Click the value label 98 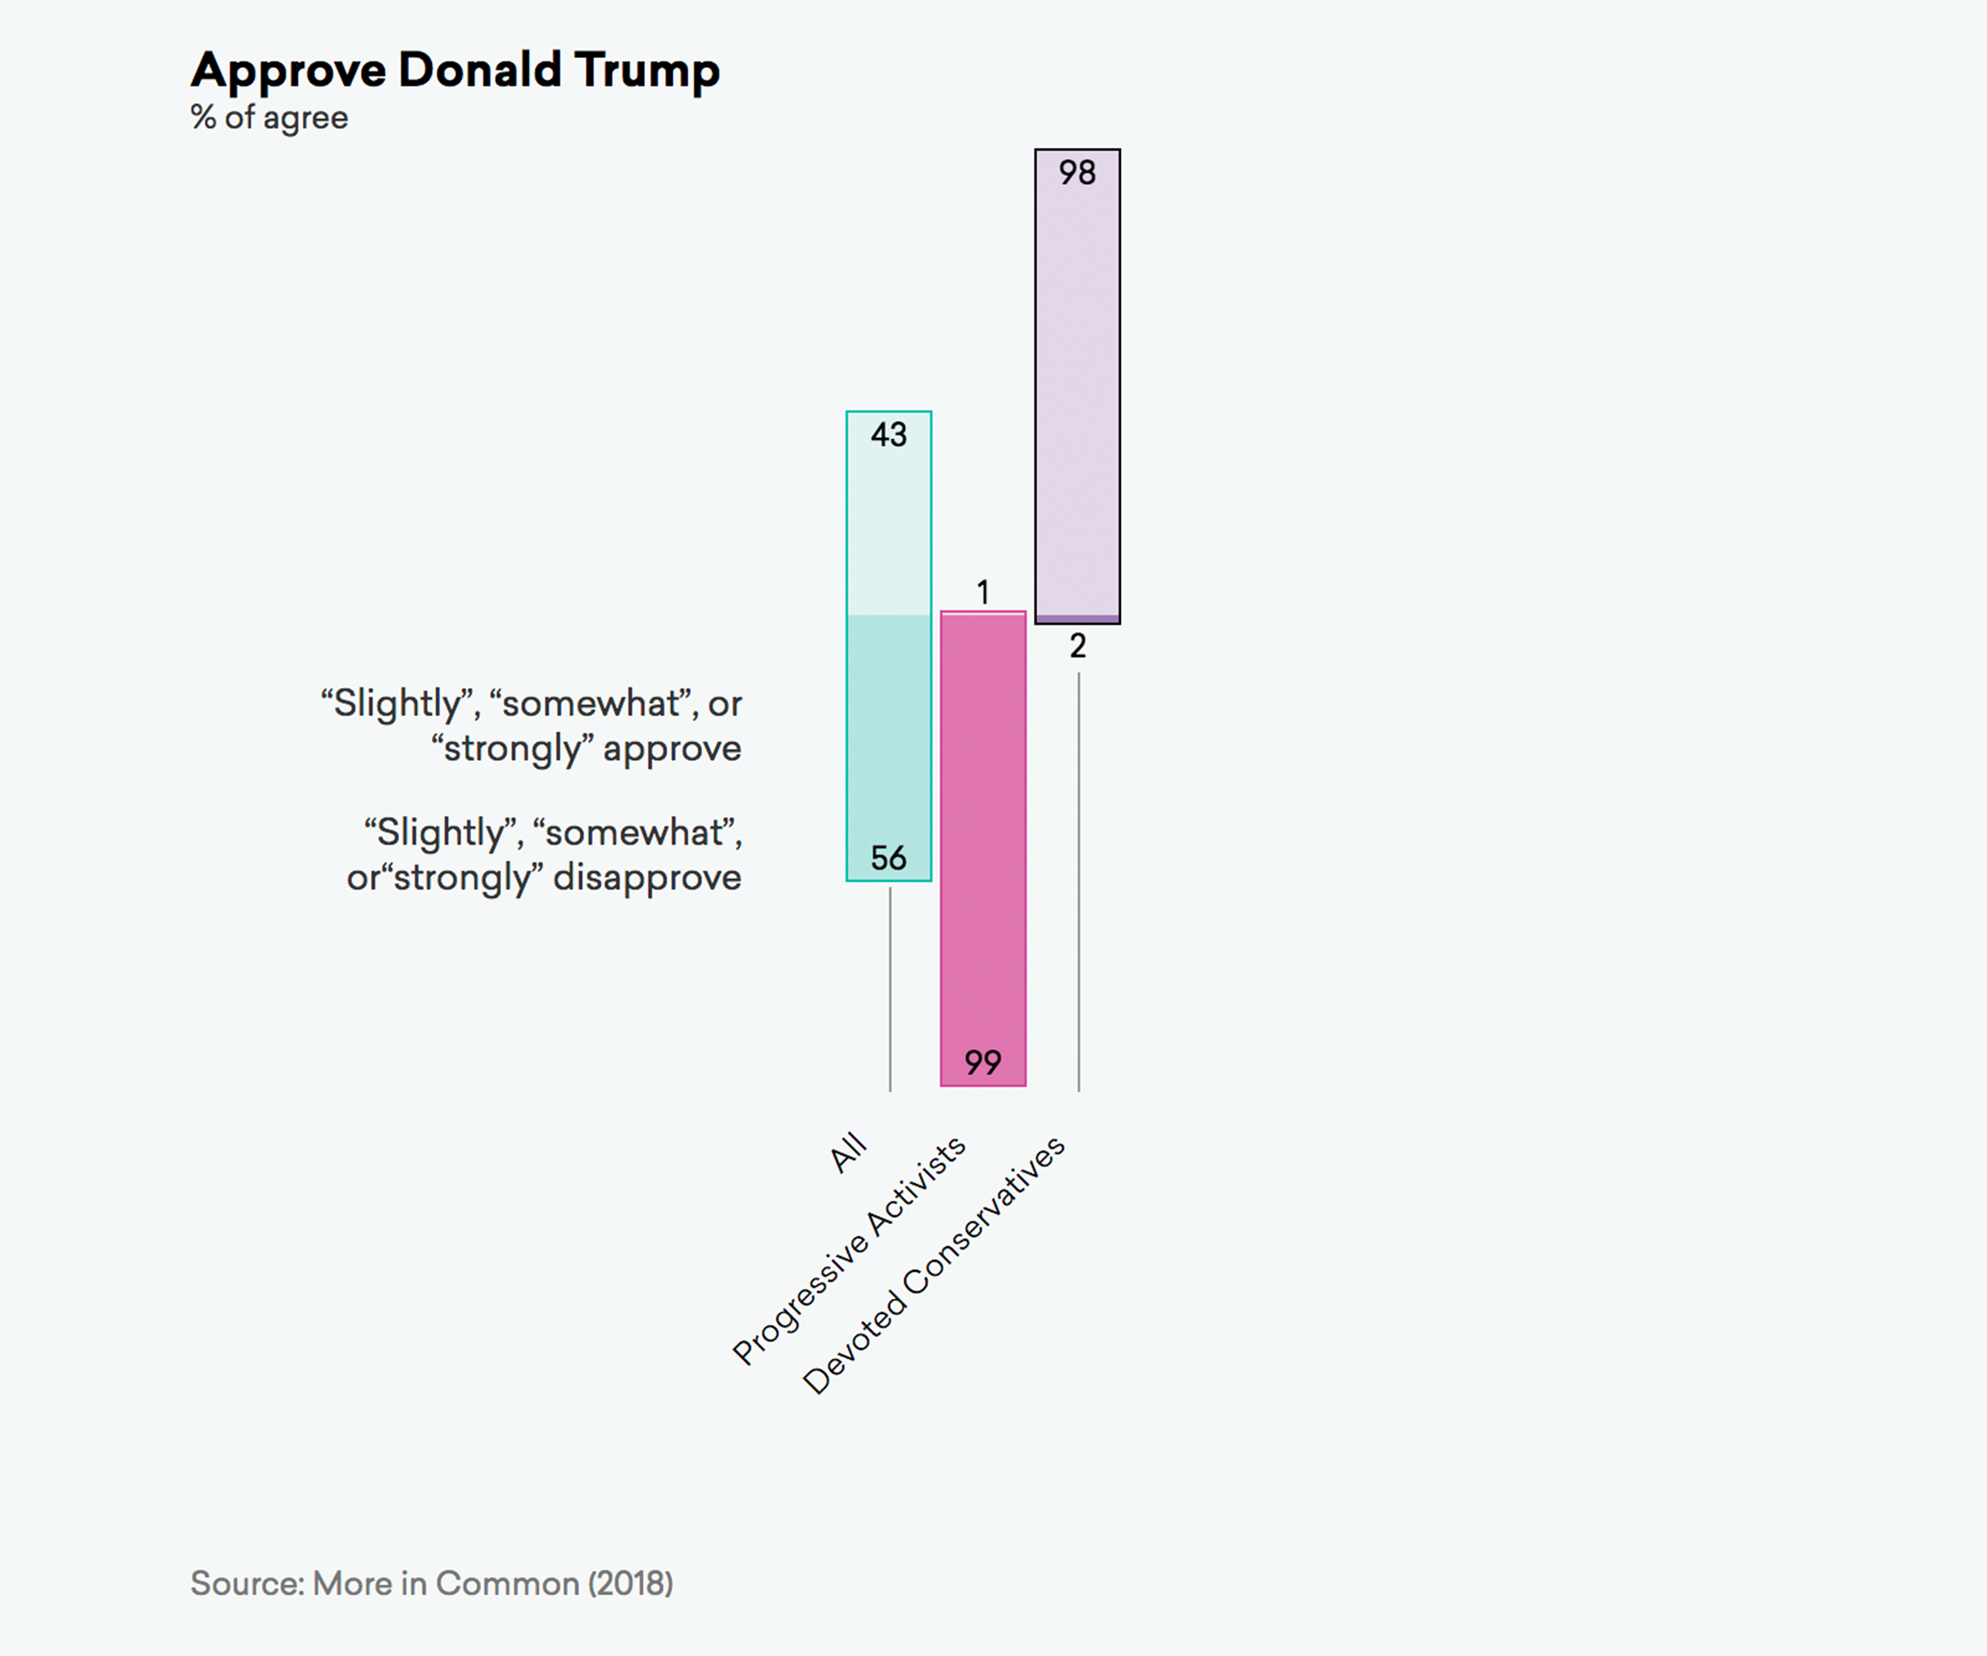[x=1077, y=173]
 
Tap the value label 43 [x=888, y=436]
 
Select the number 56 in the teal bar [x=888, y=859]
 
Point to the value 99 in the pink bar [x=983, y=1062]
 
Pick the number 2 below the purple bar [x=1078, y=647]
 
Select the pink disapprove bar [x=983, y=833]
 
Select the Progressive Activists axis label [x=849, y=1251]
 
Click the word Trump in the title [x=647, y=70]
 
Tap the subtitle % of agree [x=270, y=118]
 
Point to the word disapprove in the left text [x=647, y=877]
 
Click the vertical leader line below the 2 [x=1079, y=880]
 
